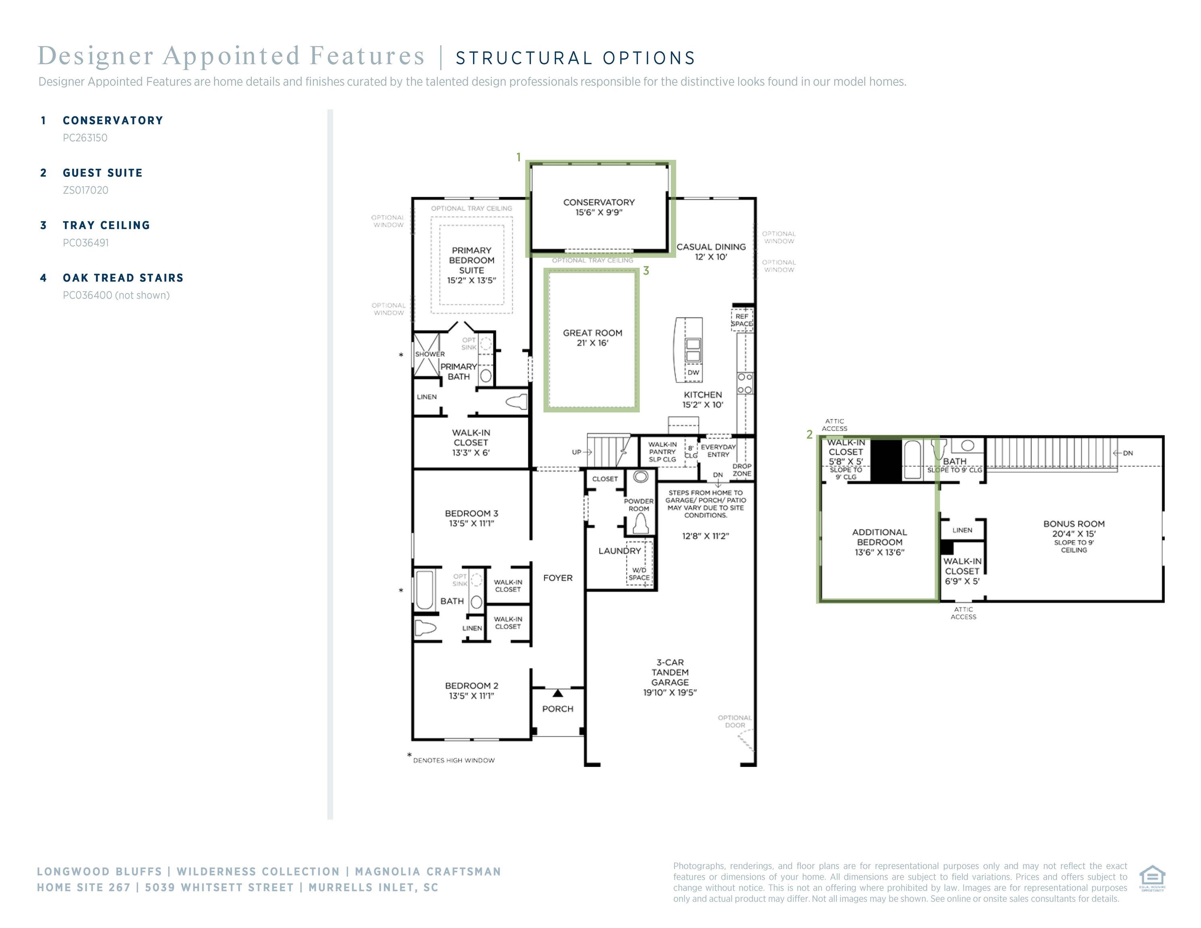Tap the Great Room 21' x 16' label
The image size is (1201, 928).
coord(592,338)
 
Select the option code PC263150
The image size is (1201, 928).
coord(85,138)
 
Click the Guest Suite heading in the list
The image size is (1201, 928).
coord(102,173)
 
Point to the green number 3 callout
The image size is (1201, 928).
coord(646,271)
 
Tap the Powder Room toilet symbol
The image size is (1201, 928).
coord(641,524)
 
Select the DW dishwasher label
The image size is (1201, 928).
coord(693,372)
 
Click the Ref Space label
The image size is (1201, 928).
coord(742,320)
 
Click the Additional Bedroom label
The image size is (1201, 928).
coord(879,542)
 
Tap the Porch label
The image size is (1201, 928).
coord(558,708)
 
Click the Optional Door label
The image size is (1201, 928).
coord(735,721)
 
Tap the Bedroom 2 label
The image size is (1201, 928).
coord(471,690)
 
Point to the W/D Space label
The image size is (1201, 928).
coord(639,574)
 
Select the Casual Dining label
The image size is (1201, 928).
coord(711,252)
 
